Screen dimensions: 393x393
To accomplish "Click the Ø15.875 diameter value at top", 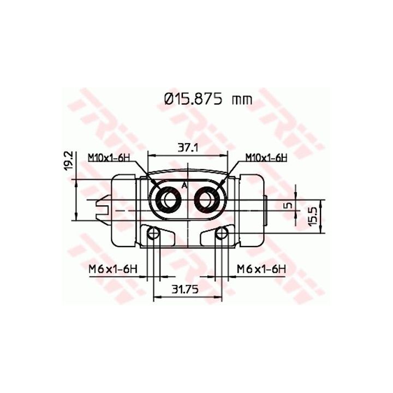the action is pos(193,99).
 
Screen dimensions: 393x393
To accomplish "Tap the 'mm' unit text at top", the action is pos(242,100).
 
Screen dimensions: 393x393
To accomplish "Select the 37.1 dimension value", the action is pos(188,148).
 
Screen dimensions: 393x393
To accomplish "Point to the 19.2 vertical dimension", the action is pos(68,161).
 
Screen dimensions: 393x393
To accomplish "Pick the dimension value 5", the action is pos(289,206).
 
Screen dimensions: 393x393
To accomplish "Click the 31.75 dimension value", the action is pos(185,289).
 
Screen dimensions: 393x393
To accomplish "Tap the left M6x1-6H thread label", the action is pos(113,270).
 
